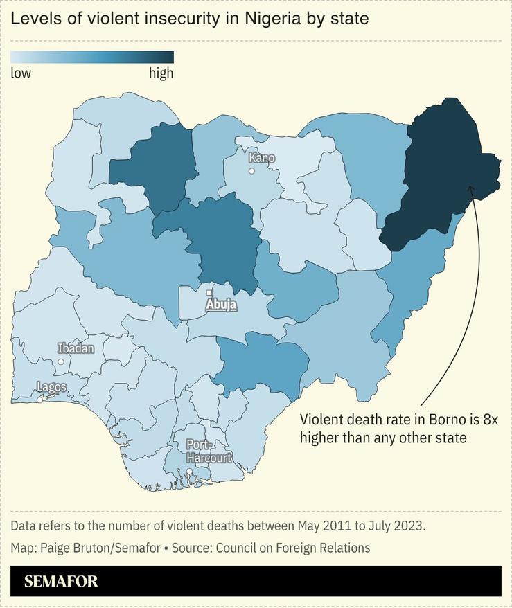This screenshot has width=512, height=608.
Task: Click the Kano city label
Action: point(262,158)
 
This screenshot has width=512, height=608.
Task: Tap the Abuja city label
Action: point(221,305)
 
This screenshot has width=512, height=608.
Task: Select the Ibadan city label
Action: point(76,348)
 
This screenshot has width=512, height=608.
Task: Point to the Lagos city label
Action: point(52,387)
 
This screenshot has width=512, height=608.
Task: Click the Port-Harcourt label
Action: point(208,451)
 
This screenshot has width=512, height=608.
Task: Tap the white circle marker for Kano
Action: point(252,171)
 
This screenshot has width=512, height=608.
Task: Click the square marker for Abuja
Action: point(209,293)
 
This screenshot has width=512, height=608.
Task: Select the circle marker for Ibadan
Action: point(61,361)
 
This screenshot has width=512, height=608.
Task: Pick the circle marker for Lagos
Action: point(40,400)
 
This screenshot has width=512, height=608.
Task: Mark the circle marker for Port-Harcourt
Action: point(189,472)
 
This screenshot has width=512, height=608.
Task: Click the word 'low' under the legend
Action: point(21,73)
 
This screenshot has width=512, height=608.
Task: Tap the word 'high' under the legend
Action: point(161,73)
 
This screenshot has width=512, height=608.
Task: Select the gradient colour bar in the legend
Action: point(92,57)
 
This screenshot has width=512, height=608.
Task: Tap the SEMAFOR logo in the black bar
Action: point(61,581)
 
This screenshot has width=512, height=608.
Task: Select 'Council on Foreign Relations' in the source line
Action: point(293,548)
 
